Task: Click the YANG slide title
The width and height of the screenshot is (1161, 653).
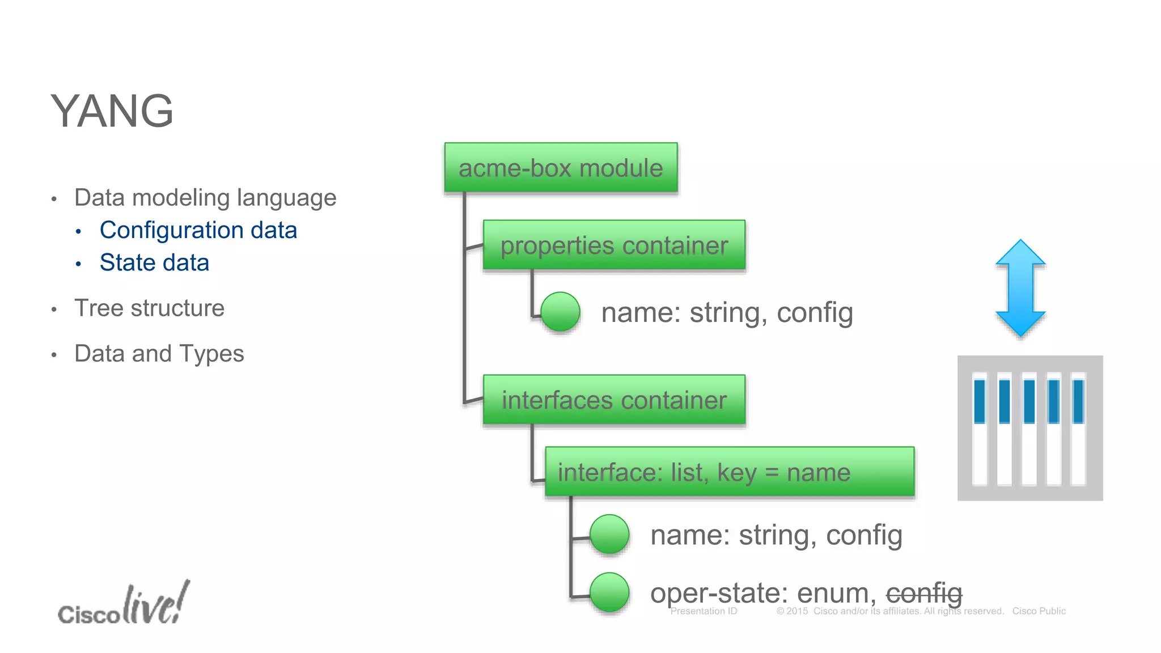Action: point(112,111)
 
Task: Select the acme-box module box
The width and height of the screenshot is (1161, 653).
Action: point(561,168)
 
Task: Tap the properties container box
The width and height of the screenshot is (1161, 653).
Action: point(614,245)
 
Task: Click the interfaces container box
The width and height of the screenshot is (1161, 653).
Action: point(614,400)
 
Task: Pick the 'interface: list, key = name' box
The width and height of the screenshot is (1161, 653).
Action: point(729,472)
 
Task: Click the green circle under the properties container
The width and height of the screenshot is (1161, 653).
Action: point(560,312)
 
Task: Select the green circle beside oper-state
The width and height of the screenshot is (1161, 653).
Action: point(609,592)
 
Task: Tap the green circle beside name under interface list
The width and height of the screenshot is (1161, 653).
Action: point(609,534)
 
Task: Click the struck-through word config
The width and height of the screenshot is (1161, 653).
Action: point(924,593)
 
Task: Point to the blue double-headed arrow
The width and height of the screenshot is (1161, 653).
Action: point(1020,288)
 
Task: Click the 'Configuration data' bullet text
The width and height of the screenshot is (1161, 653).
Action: point(198,230)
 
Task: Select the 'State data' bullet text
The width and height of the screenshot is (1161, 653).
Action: point(154,262)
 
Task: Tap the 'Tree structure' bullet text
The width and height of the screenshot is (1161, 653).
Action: point(149,308)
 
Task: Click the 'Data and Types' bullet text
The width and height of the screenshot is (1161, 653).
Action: point(159,354)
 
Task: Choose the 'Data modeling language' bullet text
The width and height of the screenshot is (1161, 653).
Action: point(205,198)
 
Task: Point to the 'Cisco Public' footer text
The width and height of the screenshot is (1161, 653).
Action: point(1039,611)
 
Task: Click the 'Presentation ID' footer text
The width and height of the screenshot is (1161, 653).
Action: point(704,611)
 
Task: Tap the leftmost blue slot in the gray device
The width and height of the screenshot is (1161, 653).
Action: point(979,401)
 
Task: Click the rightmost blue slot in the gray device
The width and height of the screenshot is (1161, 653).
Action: point(1078,401)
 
